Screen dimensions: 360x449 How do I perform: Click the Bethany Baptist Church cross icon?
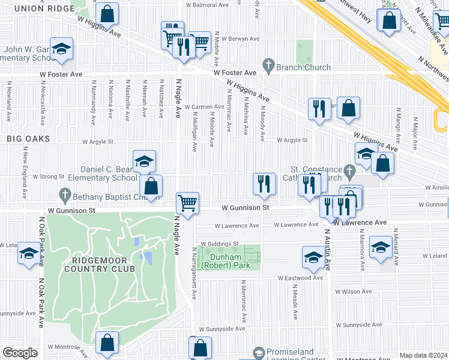[65, 195]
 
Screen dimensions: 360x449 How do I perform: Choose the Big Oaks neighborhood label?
[28, 138]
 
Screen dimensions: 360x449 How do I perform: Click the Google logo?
[20, 353]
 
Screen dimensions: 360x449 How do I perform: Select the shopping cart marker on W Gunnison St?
[188, 203]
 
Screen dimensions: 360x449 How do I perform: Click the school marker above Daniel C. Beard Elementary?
[144, 161]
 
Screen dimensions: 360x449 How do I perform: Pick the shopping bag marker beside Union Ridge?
[106, 14]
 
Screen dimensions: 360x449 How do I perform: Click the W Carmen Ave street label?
[204, 107]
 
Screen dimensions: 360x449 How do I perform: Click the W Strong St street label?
[48, 176]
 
